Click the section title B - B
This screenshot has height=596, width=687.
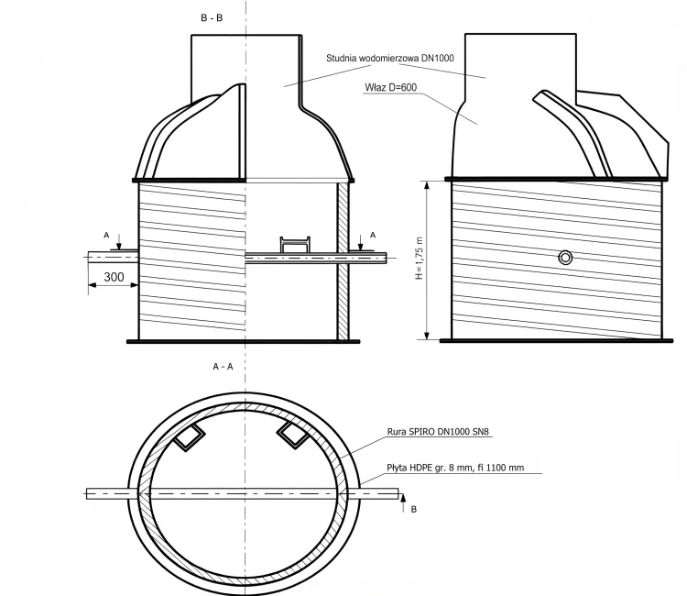(x=212, y=18)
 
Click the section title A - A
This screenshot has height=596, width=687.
(x=223, y=367)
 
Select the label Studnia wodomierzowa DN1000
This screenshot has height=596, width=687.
(x=390, y=58)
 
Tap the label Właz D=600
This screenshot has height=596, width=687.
(x=391, y=87)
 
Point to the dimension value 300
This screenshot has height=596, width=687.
(x=114, y=277)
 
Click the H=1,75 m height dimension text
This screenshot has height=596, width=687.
(x=420, y=259)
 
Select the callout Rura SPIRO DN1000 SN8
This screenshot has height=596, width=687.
(x=438, y=432)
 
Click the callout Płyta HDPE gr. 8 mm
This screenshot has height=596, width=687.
(x=455, y=468)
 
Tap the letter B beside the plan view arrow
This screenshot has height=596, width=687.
(x=414, y=510)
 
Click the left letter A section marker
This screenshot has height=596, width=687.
(x=106, y=236)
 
